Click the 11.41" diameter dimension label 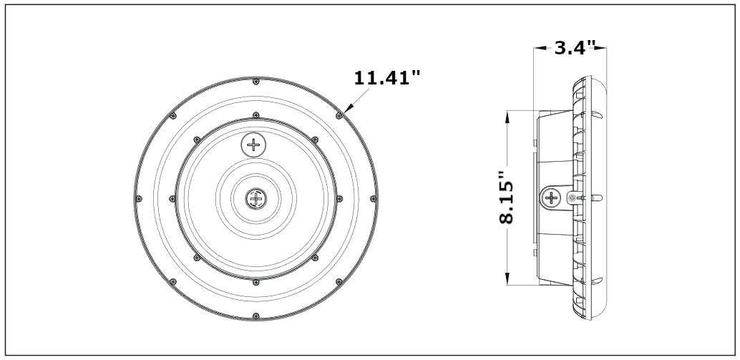(x=388, y=77)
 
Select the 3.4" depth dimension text (x=575, y=49)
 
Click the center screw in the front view (x=255, y=198)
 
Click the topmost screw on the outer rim (x=255, y=81)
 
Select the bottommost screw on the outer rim (x=255, y=316)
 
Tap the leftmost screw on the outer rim (x=137, y=198)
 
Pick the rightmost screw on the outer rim (x=372, y=198)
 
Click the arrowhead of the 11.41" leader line (x=345, y=110)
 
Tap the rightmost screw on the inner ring (x=339, y=198)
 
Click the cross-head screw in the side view (x=552, y=198)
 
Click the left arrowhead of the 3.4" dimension (x=537, y=49)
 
